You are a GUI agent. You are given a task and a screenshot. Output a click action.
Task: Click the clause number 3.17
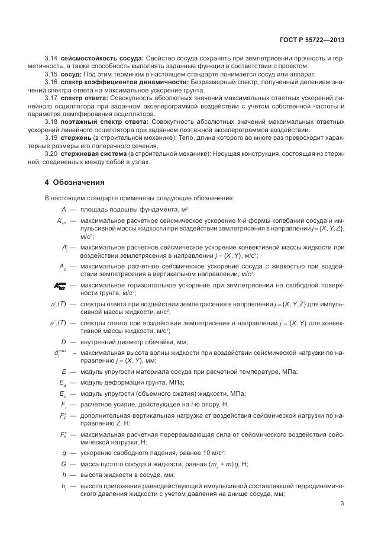click(x=51, y=97)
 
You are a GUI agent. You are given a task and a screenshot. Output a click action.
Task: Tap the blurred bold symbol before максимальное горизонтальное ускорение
click(x=60, y=286)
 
